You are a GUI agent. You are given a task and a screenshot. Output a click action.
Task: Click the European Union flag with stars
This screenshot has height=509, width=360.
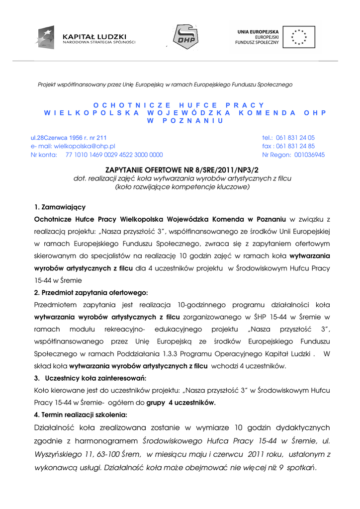tap(299, 37)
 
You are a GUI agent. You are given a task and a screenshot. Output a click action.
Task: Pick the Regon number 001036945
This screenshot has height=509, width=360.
tap(306, 155)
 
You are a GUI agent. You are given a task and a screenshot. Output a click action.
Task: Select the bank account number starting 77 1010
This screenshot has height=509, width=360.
tap(114, 155)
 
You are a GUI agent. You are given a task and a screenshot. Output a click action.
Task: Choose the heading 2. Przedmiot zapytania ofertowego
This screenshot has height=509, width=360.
tap(91, 292)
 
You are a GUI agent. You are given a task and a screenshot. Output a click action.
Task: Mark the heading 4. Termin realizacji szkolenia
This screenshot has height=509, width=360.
tap(81, 415)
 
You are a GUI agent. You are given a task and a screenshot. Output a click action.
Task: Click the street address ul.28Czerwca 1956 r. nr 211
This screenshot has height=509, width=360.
tap(69, 137)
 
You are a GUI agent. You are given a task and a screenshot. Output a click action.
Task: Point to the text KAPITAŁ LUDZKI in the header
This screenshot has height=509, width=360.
tap(94, 36)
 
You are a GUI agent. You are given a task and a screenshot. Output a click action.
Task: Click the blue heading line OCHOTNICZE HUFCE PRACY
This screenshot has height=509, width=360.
tap(180, 105)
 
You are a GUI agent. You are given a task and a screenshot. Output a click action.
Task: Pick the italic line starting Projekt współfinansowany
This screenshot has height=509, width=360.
tap(165, 85)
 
